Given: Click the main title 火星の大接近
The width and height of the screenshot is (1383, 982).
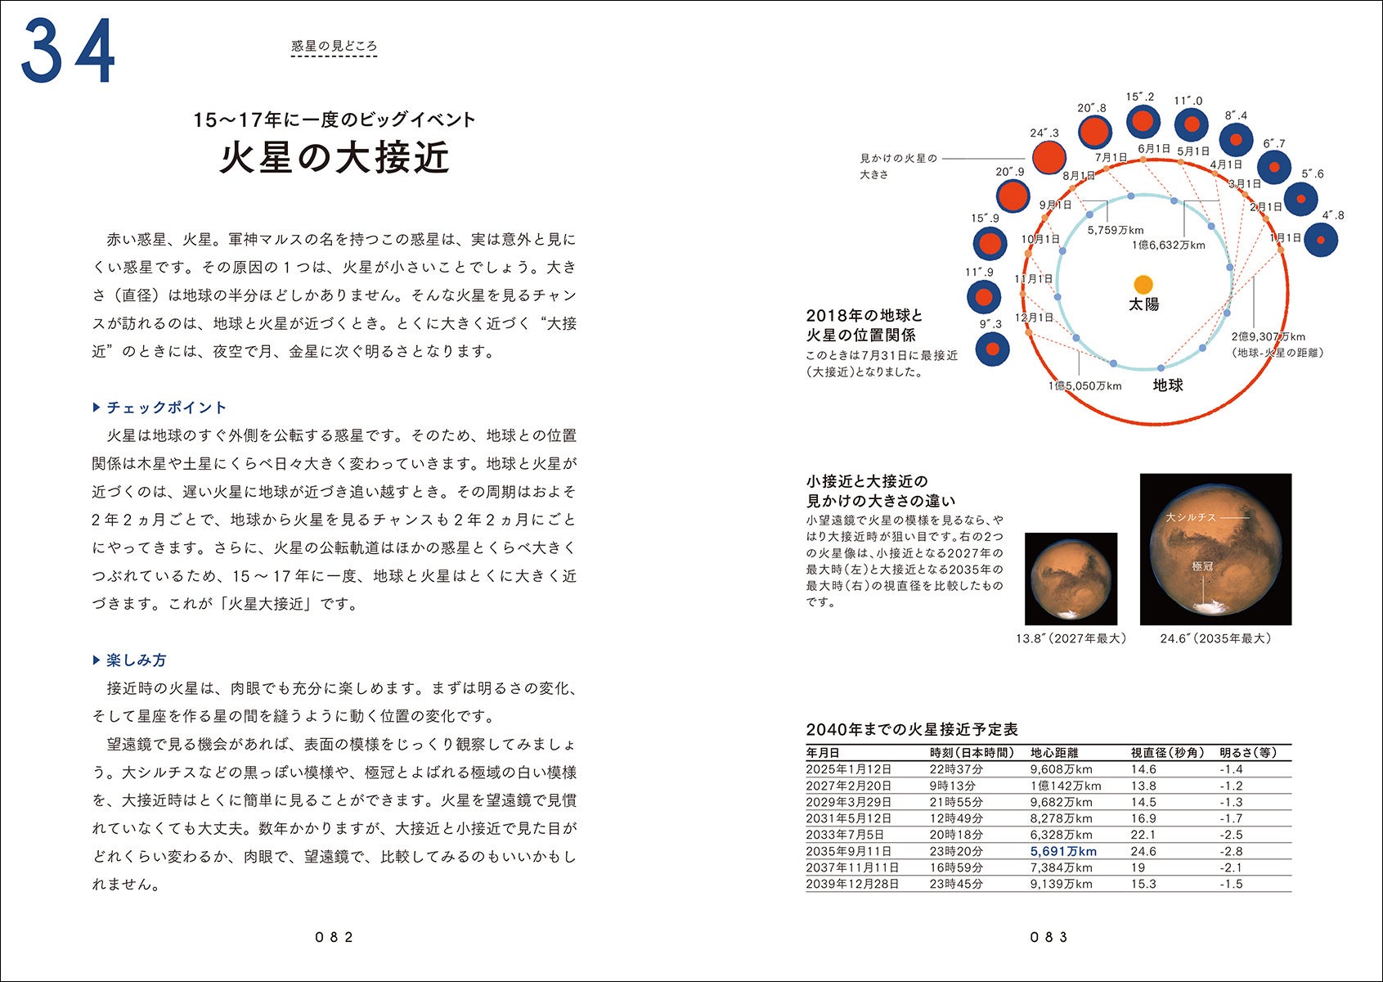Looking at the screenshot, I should click(335, 158).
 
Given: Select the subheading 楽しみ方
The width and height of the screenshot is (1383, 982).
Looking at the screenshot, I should click(136, 660).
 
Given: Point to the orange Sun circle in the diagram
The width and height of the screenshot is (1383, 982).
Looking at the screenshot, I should click(1143, 284).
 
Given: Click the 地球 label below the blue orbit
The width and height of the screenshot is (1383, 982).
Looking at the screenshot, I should click(1168, 385).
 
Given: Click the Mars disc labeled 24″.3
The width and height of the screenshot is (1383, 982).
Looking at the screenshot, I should click(1048, 158).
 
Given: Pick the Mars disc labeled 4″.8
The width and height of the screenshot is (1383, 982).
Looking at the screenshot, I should click(1321, 240).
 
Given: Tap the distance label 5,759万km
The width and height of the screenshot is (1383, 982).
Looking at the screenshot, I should click(1116, 230).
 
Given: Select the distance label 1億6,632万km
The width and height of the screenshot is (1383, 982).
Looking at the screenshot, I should click(1168, 245).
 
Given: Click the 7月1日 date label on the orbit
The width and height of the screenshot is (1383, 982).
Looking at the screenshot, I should click(1111, 157).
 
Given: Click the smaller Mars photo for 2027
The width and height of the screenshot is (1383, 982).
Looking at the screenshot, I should click(1071, 579).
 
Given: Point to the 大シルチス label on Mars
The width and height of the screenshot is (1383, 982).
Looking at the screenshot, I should click(1190, 517).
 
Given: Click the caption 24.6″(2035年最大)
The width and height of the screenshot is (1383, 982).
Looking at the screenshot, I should click(1215, 638).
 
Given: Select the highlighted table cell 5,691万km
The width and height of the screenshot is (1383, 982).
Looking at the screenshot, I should click(1062, 851).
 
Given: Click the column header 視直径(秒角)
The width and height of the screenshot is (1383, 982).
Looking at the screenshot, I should click(1166, 753).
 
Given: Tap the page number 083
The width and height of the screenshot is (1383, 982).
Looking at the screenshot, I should click(1048, 938).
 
